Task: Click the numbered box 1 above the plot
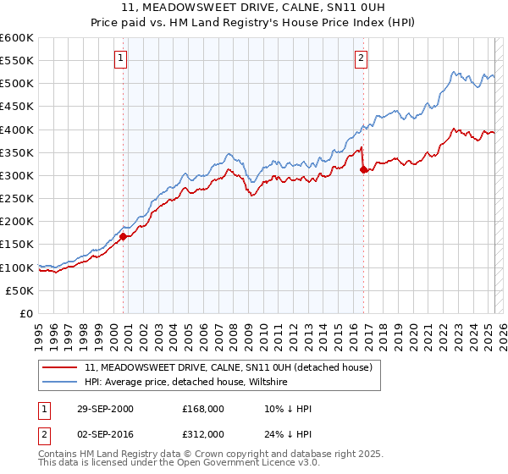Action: coord(120,58)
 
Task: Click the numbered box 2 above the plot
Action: coord(361,58)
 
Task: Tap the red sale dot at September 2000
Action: coord(124,237)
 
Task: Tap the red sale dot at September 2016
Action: coord(363,170)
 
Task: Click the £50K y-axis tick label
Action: coord(20,290)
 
